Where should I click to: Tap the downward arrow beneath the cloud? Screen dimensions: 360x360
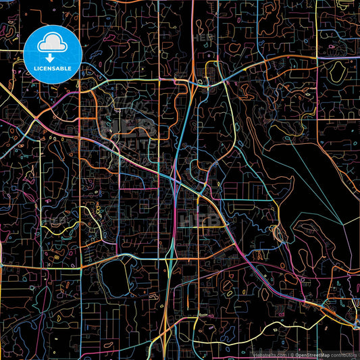(51, 59)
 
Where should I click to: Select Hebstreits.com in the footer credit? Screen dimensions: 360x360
(269, 354)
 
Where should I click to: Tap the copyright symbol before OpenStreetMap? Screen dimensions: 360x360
(290, 354)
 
